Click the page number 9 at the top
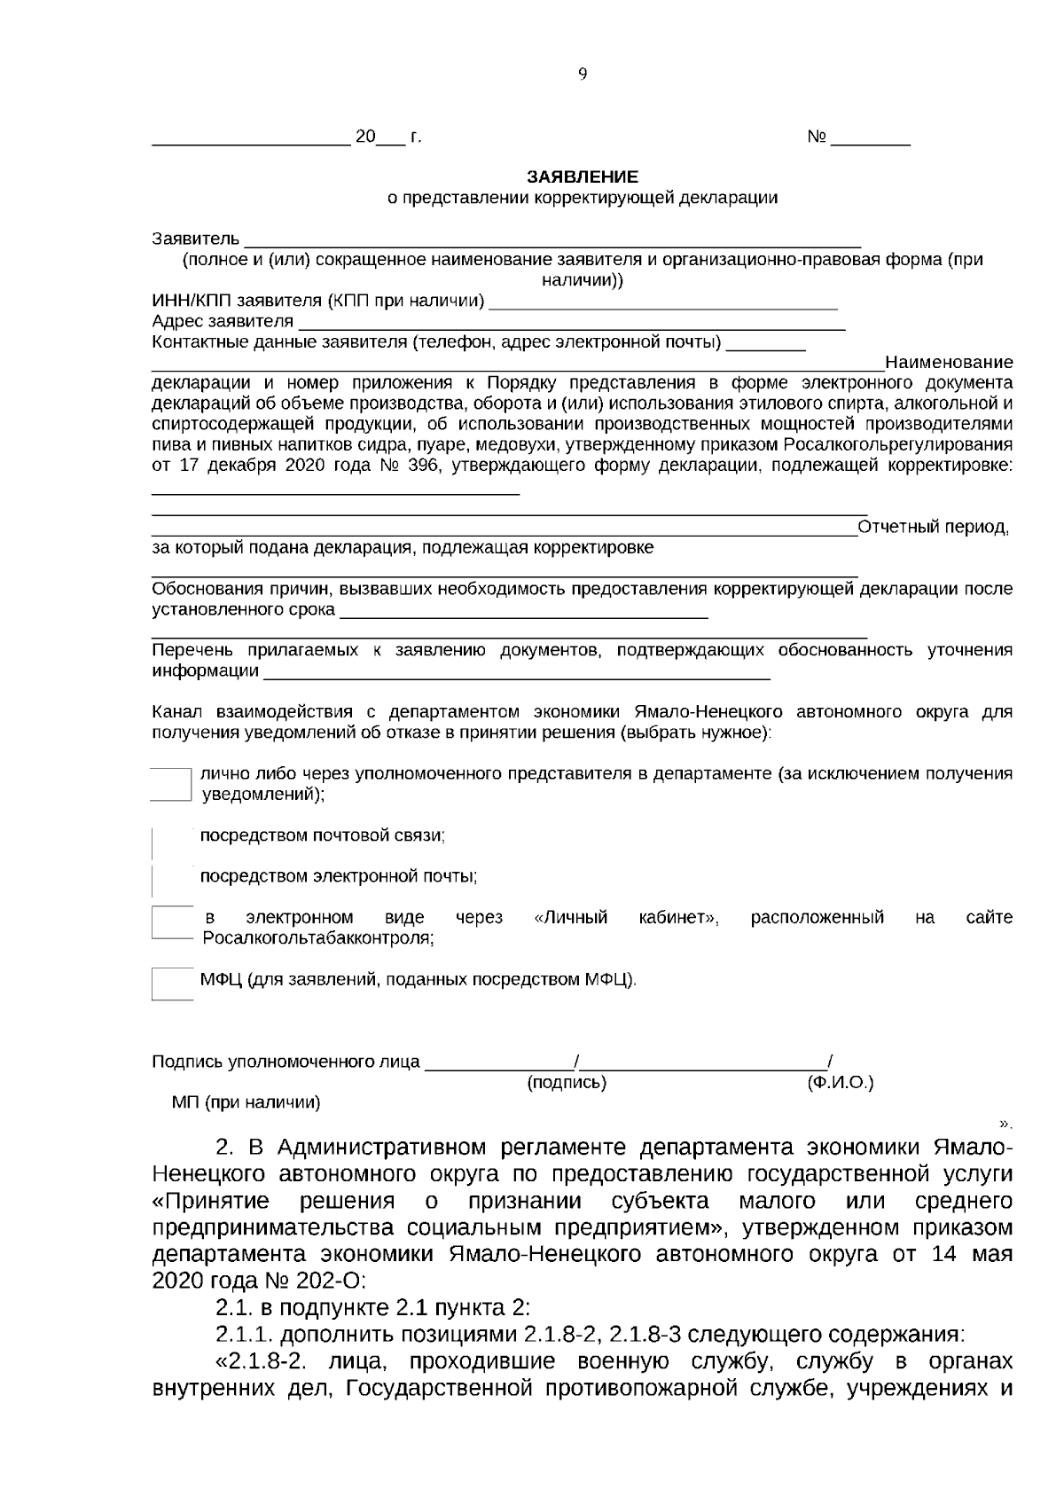[583, 74]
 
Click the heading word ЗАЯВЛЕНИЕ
[582, 177]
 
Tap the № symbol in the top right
[817, 138]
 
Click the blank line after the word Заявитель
[552, 239]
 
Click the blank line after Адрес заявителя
[570, 322]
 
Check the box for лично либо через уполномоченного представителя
[171, 784]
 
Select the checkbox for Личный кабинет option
[172, 922]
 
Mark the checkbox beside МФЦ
[172, 983]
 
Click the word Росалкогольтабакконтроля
[317, 937]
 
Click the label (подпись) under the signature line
[567, 1083]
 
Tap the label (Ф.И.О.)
[840, 1083]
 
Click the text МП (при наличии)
[246, 1103]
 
